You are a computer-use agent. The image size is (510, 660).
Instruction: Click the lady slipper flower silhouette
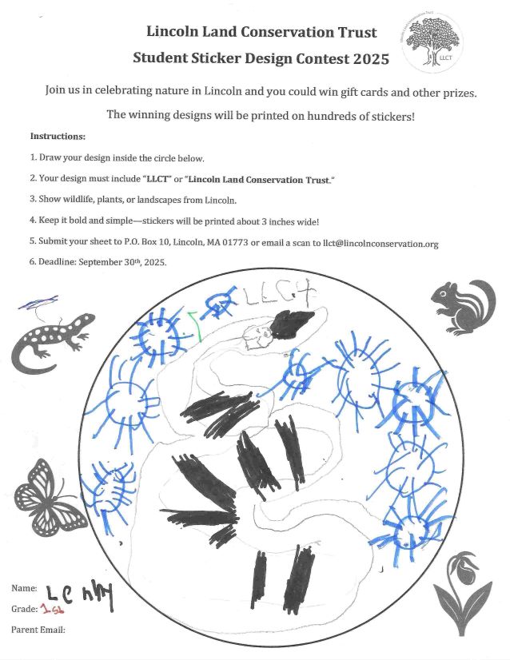(x=462, y=596)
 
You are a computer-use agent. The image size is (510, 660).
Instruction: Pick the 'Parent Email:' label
(x=38, y=630)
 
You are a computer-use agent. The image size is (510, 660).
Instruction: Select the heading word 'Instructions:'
(x=58, y=137)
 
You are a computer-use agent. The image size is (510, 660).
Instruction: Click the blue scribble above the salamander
(x=38, y=302)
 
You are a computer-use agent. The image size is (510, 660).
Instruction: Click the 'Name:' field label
(x=24, y=588)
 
